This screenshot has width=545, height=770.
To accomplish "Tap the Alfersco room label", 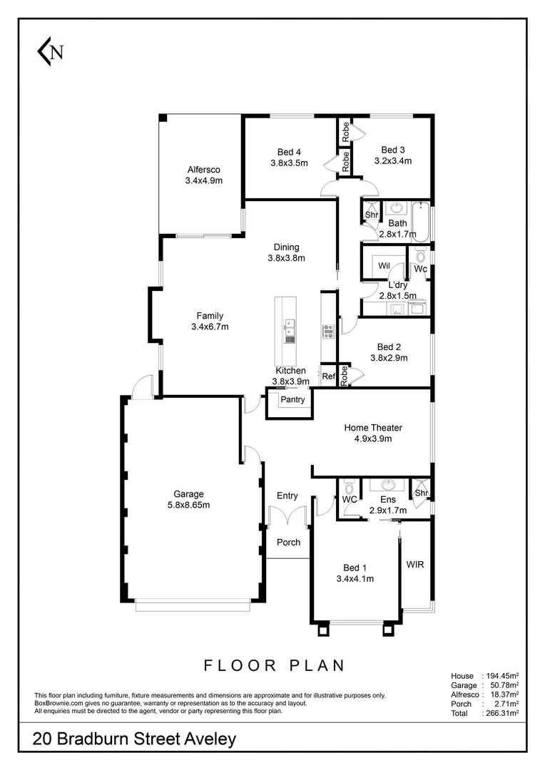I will pos(203,170).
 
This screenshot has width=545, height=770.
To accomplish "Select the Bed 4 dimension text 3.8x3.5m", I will pos(289,163).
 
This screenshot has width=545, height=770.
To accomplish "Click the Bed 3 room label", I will pos(393,150).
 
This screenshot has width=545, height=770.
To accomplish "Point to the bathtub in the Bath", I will pos(422,222).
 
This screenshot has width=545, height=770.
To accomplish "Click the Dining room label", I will pos(286,247).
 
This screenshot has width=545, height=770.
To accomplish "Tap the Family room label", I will pos(210,316).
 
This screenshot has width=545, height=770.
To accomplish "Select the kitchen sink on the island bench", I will pos(290,327).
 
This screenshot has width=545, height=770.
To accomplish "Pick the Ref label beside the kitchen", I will pos(329,376).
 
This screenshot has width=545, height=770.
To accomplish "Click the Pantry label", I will pos(292,400).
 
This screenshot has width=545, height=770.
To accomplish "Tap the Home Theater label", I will pos(373,428).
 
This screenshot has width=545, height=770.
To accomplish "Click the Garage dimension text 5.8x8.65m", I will pos(188,505).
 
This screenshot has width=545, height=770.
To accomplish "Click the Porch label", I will pos(288,543).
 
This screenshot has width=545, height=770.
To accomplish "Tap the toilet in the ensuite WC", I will pos(348,488).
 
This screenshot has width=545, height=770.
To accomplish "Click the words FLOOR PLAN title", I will pos(275,666).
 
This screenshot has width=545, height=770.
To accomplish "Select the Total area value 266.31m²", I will pos(501,712).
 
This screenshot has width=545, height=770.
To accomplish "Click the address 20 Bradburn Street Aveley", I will pos(134,740).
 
